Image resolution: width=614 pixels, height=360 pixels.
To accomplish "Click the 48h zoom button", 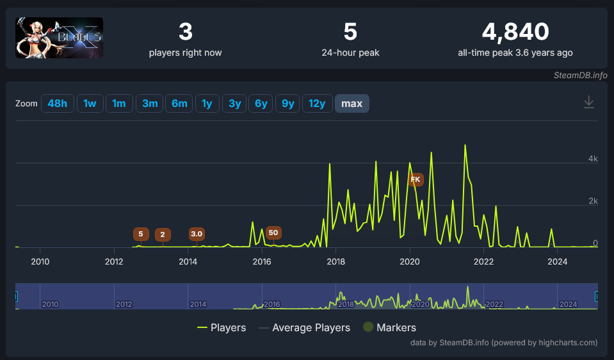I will [x=58, y=103].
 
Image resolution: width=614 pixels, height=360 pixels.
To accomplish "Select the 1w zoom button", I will [x=90, y=103].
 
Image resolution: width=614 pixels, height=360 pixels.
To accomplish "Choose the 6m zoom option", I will [x=179, y=103].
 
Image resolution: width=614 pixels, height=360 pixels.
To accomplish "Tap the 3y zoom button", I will [x=234, y=103].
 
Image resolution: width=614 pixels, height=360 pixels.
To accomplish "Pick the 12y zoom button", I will [x=318, y=103].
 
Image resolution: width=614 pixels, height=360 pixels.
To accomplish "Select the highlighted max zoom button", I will [x=352, y=103].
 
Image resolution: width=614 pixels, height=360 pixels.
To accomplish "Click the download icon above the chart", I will [x=589, y=102].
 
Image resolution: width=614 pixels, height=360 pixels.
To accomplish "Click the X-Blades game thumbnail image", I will [x=59, y=38].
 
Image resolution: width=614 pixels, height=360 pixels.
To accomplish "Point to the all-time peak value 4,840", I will [x=515, y=31].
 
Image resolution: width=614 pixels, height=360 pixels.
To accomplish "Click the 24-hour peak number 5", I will [x=350, y=31].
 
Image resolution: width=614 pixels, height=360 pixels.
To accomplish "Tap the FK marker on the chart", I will [x=416, y=179].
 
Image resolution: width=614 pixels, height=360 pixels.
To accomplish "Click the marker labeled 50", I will [x=273, y=233].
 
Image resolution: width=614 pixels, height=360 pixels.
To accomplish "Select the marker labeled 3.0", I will [x=197, y=234].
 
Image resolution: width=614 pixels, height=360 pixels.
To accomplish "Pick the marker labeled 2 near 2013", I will [x=163, y=234].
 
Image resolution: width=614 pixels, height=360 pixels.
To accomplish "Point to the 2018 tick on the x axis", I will [x=336, y=261].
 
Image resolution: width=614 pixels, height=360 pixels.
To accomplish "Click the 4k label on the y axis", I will [x=593, y=159].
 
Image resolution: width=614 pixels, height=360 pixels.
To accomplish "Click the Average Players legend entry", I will [x=304, y=327].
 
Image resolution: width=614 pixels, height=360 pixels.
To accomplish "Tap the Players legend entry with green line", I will [x=222, y=327].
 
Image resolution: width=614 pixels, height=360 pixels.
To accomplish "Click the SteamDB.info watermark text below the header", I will [x=580, y=75].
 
